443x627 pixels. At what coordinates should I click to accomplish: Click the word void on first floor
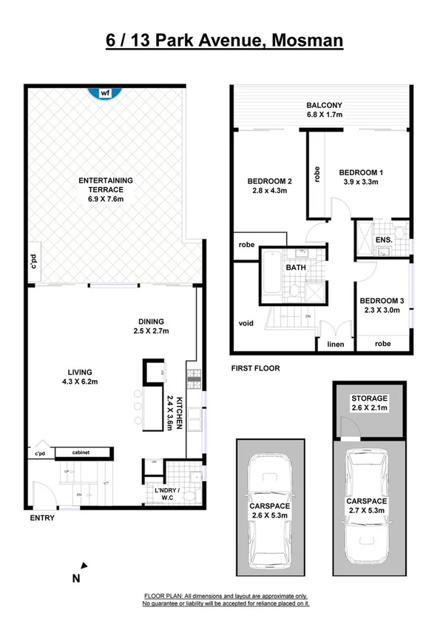pyautogui.click(x=246, y=323)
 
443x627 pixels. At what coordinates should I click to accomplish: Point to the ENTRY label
pyautogui.click(x=41, y=518)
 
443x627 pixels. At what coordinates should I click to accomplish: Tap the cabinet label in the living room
pyautogui.click(x=81, y=452)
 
